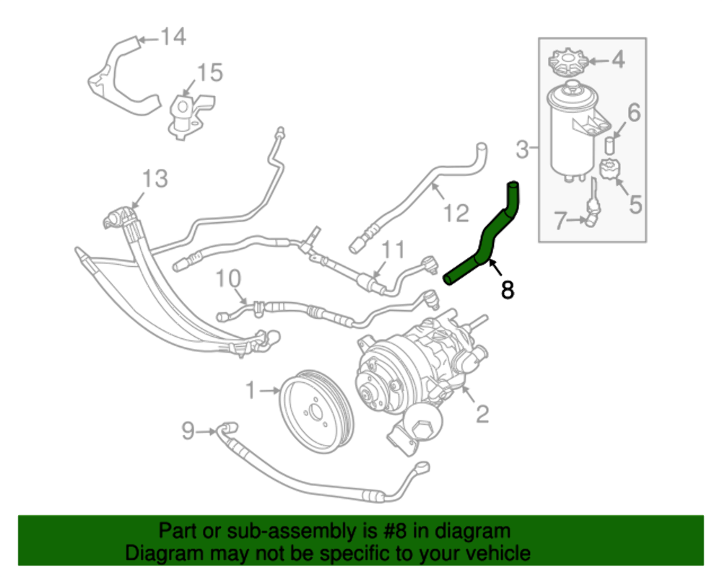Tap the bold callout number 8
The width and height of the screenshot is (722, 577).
point(508,290)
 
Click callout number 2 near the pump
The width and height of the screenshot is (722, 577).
point(481,413)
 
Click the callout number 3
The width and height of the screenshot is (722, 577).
point(523,150)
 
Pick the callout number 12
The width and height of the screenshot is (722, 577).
point(456,213)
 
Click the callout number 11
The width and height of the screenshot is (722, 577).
point(393,250)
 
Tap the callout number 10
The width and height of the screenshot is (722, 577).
point(227,278)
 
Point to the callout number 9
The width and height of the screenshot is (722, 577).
point(188,431)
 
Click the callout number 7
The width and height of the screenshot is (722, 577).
point(560,220)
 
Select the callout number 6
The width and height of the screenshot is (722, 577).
point(633,112)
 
